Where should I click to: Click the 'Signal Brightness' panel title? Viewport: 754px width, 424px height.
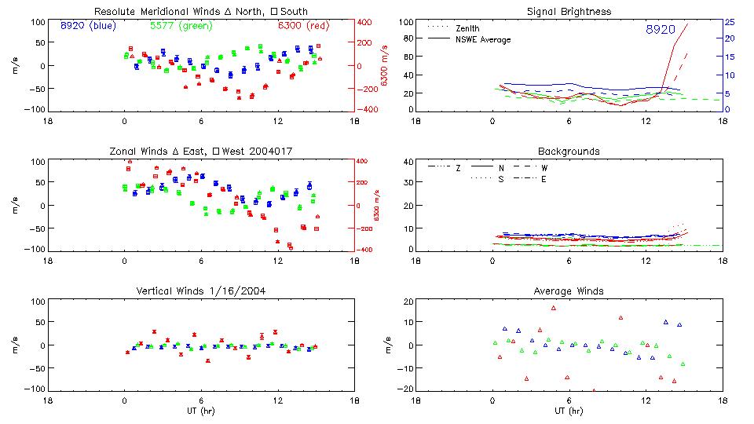tap(569, 12)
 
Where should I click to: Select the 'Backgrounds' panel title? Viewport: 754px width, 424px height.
tap(569, 151)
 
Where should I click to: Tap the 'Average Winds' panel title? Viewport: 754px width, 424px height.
tap(569, 291)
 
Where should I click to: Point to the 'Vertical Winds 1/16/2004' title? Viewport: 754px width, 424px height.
tap(200, 291)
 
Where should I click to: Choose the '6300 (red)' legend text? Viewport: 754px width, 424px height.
tap(303, 26)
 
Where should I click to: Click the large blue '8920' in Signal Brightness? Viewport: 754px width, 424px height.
tap(660, 30)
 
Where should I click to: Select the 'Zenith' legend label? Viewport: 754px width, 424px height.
tap(467, 28)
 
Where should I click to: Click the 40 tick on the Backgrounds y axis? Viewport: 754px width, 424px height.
tap(408, 163)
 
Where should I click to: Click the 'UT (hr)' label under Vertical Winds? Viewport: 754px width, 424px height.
tap(200, 411)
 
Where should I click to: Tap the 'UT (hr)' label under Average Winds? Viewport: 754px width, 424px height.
tap(569, 411)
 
